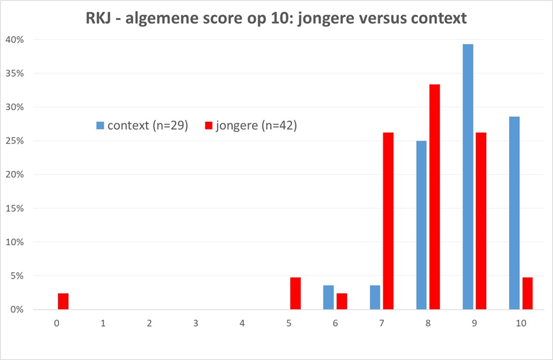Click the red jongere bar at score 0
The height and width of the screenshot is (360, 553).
63,301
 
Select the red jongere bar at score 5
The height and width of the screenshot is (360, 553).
296,293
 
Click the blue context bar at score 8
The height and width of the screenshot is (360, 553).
421,225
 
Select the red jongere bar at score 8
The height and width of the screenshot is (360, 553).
434,197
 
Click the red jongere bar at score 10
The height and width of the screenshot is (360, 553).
527,293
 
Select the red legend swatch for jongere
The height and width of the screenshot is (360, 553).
208,126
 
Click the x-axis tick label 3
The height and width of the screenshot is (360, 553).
196,323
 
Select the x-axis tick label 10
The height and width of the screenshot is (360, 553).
521,323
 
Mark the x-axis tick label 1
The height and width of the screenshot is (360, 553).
103,323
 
